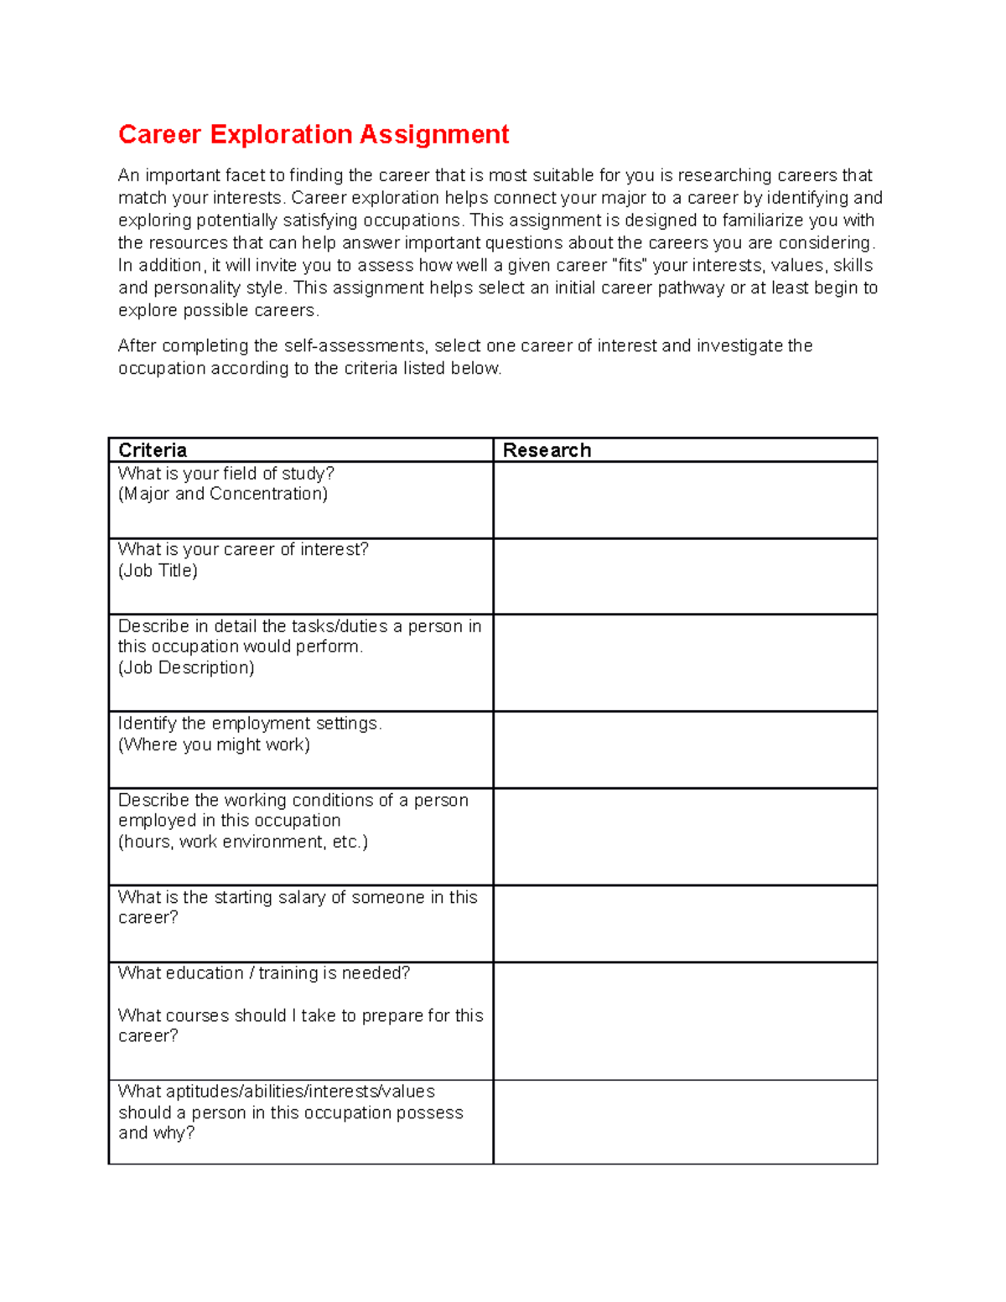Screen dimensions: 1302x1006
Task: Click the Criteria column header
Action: (x=153, y=450)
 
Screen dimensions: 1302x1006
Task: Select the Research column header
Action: (x=547, y=450)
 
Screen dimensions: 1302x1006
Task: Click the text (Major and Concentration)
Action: (x=223, y=494)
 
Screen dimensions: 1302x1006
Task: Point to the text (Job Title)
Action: (x=158, y=571)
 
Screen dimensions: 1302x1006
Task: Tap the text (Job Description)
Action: (x=186, y=668)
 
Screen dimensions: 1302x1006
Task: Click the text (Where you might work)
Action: (x=214, y=745)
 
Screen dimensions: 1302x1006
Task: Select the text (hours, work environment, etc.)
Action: (x=243, y=842)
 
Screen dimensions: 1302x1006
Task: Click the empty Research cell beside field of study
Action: (x=685, y=501)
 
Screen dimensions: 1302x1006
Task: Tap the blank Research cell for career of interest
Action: (x=685, y=577)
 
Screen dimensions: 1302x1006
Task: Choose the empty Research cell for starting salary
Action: (x=685, y=924)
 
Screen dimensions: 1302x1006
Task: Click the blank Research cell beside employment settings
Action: (x=685, y=750)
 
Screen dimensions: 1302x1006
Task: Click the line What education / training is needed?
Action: (x=264, y=973)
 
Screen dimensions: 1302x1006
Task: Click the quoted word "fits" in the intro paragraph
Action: (x=630, y=266)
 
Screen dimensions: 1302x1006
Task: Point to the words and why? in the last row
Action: (x=156, y=1133)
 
